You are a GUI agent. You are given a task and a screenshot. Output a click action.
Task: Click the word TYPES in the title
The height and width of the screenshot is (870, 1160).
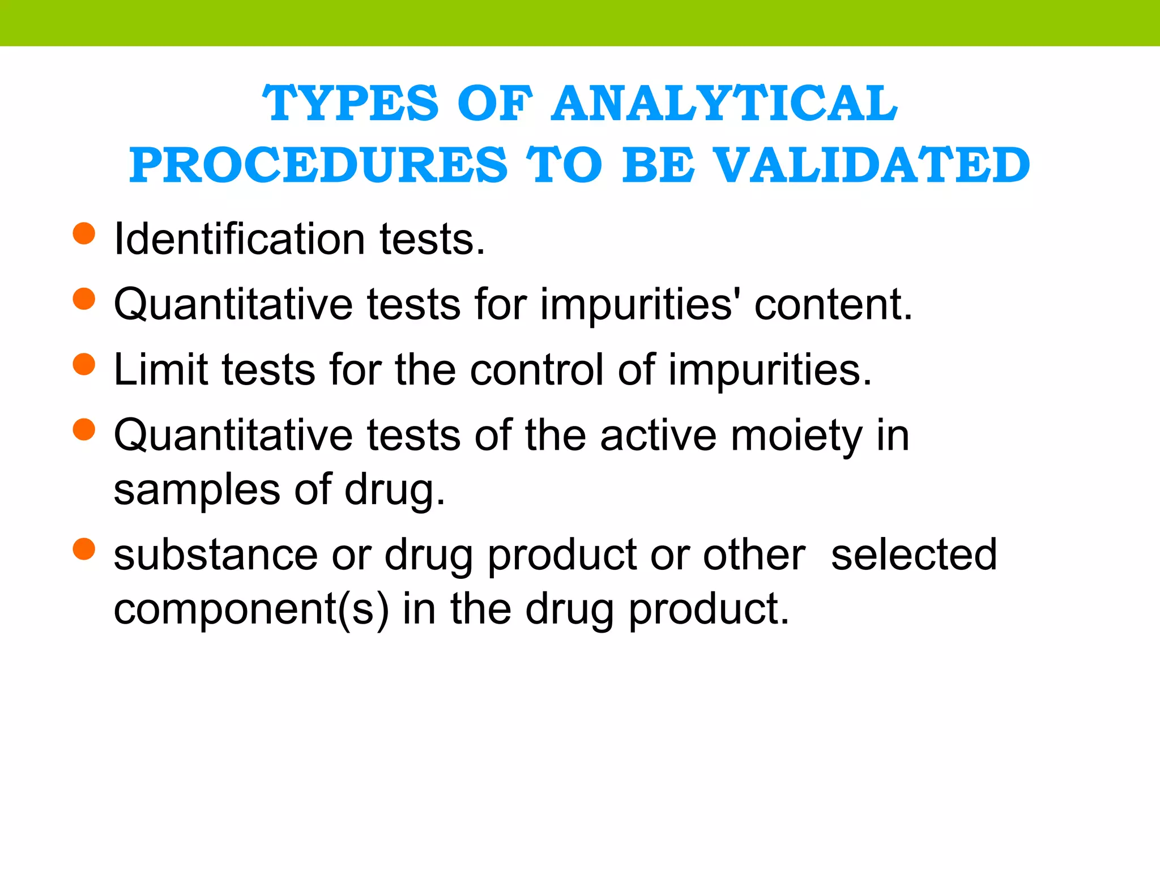coord(350,103)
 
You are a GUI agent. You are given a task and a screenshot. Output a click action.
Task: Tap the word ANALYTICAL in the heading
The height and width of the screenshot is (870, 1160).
coord(724,103)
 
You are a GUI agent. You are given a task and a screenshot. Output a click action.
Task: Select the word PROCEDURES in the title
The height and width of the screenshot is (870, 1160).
coord(318,165)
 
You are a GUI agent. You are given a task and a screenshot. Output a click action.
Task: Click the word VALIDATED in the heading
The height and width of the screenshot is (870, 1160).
coord(872,165)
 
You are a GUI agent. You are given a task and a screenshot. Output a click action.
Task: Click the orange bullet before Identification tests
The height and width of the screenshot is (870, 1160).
coord(84,233)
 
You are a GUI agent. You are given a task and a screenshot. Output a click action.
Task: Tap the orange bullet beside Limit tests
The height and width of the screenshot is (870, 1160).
coord(84,364)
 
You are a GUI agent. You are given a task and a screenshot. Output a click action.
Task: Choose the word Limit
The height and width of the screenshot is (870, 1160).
coord(160,370)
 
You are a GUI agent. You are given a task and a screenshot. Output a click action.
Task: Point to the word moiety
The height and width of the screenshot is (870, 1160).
coord(796,436)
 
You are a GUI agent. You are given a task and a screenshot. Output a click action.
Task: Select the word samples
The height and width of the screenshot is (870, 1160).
coord(197,491)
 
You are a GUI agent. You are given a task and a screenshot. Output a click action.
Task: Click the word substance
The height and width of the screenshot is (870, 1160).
coord(215,555)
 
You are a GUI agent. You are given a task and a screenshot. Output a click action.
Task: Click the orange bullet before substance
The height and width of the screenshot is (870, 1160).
coord(84,549)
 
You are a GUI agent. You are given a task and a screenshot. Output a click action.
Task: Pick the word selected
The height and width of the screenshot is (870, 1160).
coord(913,555)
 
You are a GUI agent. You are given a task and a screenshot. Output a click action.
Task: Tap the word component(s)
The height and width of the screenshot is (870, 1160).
coord(251,609)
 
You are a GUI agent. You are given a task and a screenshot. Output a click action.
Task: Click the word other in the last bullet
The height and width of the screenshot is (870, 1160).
coord(754,555)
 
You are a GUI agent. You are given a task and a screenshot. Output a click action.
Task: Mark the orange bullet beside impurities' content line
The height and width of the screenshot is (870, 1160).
coord(84,299)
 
